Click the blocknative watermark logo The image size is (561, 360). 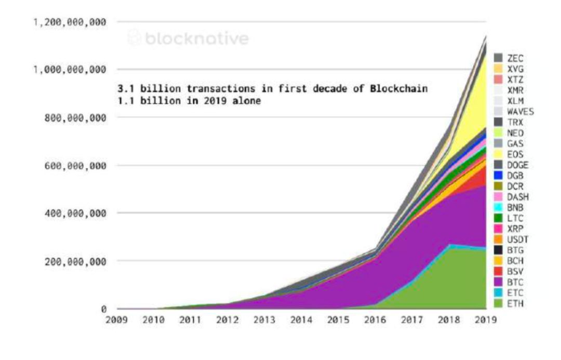click(189, 38)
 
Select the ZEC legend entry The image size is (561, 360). click(509, 57)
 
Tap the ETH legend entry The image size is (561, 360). click(509, 304)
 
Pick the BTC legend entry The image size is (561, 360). click(509, 283)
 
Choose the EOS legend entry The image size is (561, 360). click(509, 154)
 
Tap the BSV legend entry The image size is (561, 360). click(509, 272)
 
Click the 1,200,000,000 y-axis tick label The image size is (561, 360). click(70, 22)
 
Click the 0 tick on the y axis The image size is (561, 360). click(104, 309)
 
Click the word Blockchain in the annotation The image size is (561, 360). click(402, 89)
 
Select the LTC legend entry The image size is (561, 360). click(509, 218)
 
